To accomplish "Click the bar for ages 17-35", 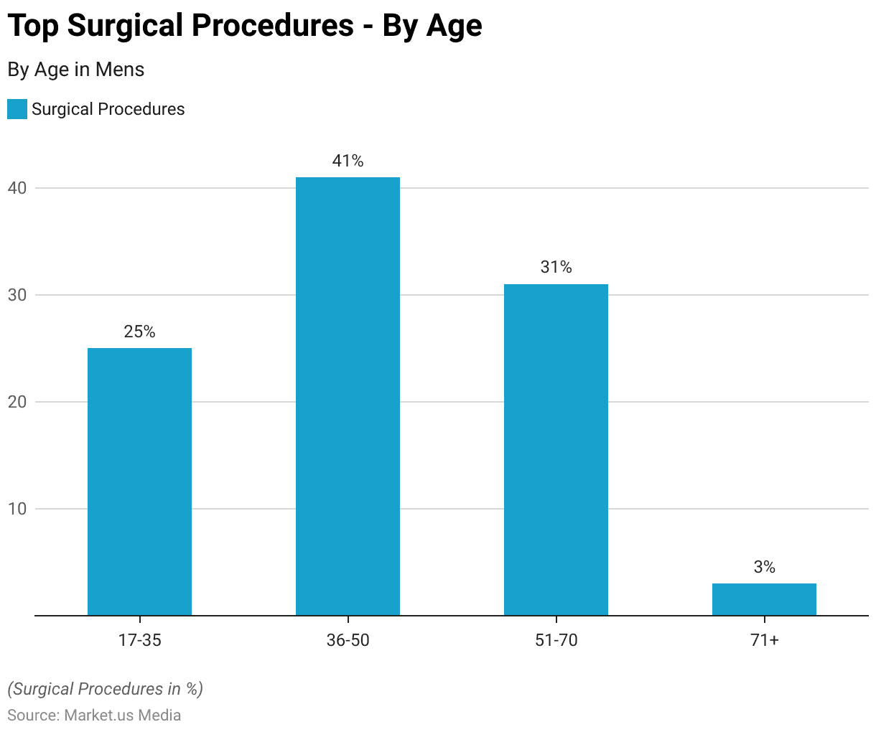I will pyautogui.click(x=139, y=482).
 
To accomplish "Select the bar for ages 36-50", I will pyautogui.click(x=348, y=396).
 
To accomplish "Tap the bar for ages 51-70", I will pyautogui.click(x=556, y=450).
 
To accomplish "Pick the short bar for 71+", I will pyautogui.click(x=764, y=599).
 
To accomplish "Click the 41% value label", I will pyautogui.click(x=348, y=161).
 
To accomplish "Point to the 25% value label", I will pyautogui.click(x=139, y=332).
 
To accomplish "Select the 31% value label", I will pyautogui.click(x=556, y=268).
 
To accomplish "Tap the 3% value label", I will pyautogui.click(x=764, y=567).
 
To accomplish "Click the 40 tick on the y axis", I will pyautogui.click(x=17, y=188).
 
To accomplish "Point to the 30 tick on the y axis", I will pyautogui.click(x=17, y=295).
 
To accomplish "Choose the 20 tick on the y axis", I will pyautogui.click(x=17, y=402).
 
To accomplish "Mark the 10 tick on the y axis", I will pyautogui.click(x=17, y=509).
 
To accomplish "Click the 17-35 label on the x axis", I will pyautogui.click(x=139, y=640).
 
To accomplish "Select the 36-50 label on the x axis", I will pyautogui.click(x=348, y=640).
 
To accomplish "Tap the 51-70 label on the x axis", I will pyautogui.click(x=556, y=640).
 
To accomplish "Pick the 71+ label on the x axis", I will pyautogui.click(x=764, y=640).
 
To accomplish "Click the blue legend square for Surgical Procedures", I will pyautogui.click(x=17, y=109).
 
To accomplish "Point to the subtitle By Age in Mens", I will pyautogui.click(x=76, y=70).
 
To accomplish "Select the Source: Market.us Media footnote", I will pyautogui.click(x=94, y=715).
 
